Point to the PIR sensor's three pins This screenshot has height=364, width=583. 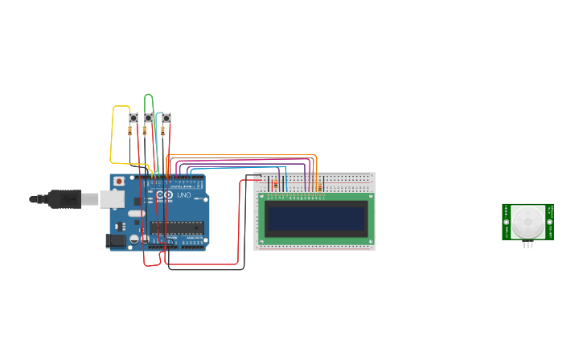click(528, 244)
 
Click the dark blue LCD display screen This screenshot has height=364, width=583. click(316, 217)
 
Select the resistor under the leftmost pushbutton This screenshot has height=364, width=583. click(131, 130)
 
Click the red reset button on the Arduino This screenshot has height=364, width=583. click(120, 182)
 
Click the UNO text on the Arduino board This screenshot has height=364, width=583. click(183, 194)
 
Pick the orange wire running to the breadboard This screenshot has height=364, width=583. click(241, 154)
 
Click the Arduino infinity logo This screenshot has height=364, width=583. click(164, 195)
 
